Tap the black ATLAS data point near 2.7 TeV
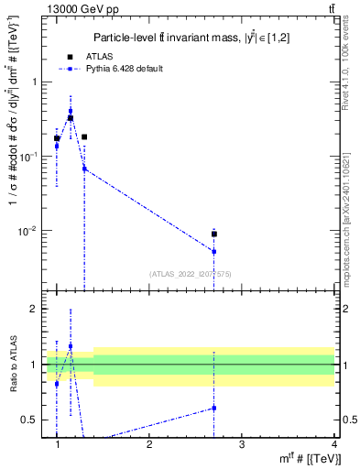(213, 234)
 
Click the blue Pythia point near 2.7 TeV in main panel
(213, 251)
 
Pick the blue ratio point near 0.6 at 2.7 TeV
(213, 408)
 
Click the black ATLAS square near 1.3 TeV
(84, 136)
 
